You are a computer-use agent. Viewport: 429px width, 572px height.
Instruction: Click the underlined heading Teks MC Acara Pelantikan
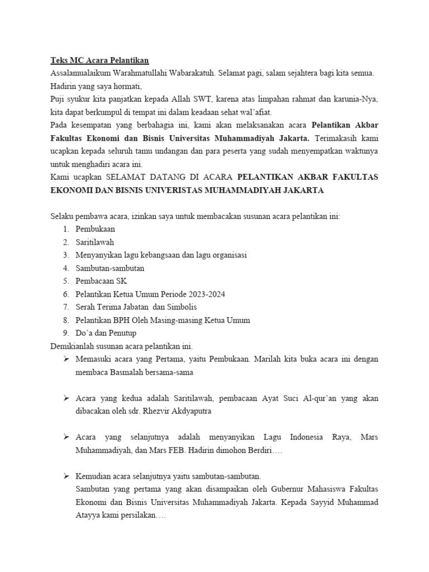100,60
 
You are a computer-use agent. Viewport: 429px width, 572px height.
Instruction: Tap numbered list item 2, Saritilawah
95,242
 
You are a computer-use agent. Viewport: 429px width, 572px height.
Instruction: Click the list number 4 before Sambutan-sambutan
65,268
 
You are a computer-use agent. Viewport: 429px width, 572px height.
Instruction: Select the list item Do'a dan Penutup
107,333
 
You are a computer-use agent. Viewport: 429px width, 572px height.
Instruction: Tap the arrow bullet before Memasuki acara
66,359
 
